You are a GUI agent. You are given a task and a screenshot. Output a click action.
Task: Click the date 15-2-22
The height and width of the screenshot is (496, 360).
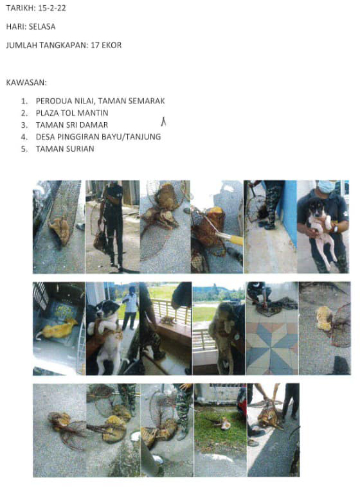pyautogui.click(x=52, y=8)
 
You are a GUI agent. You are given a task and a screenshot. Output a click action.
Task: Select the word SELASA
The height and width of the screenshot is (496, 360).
pyautogui.click(x=42, y=26)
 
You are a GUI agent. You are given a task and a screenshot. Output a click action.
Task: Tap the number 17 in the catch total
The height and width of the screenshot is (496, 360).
pyautogui.click(x=95, y=45)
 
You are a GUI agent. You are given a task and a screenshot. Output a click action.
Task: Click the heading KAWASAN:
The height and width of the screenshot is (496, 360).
pyautogui.click(x=26, y=83)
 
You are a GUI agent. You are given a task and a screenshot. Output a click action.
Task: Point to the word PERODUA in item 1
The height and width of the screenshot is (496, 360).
pyautogui.click(x=54, y=101)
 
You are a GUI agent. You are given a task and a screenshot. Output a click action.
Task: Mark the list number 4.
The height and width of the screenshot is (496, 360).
pyautogui.click(x=24, y=137)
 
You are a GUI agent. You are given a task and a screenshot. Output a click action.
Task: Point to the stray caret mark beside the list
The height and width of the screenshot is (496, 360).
pyautogui.click(x=163, y=122)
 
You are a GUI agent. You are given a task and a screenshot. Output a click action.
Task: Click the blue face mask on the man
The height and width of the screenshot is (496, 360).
pyautogui.click(x=326, y=186)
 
